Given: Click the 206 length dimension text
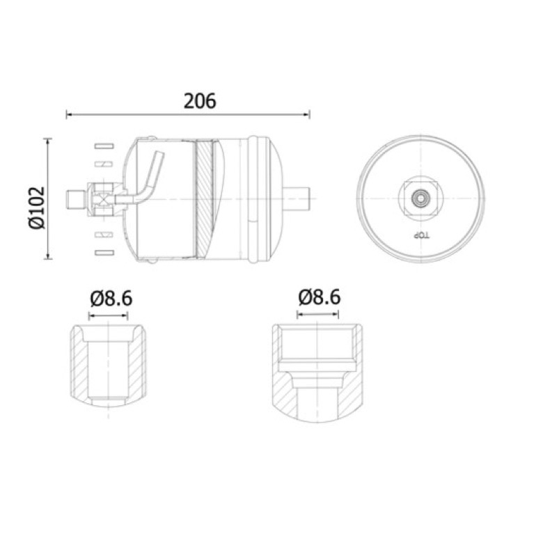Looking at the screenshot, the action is click(x=200, y=101).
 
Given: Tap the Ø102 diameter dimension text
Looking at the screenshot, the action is click(x=37, y=207).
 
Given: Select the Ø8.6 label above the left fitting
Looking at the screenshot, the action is click(x=111, y=299).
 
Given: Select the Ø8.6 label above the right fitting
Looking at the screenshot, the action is click(x=320, y=297).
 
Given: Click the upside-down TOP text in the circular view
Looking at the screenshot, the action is click(x=421, y=235).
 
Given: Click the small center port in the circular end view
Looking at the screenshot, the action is click(x=421, y=198).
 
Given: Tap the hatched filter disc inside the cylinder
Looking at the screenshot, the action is click(x=205, y=198).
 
